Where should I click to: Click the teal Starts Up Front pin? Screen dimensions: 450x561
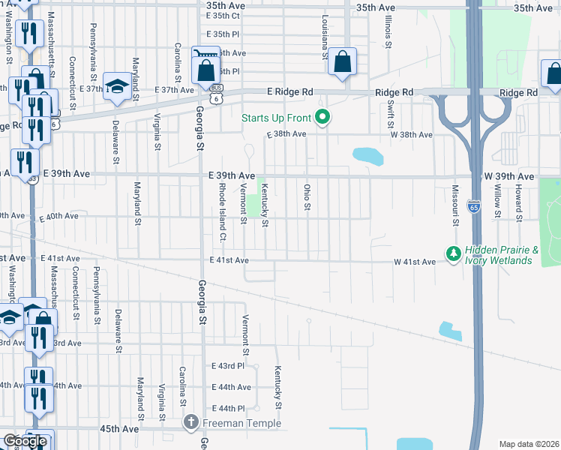322,117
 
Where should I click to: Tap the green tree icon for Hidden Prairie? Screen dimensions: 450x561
453,254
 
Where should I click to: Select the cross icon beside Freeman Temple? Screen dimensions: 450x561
190,423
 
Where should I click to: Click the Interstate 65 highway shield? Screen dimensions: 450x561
473,206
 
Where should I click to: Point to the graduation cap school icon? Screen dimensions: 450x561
118,84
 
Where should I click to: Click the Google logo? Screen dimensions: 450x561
25,441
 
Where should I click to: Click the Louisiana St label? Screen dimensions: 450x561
325,37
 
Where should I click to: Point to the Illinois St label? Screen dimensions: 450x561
388,33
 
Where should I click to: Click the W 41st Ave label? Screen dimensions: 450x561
415,262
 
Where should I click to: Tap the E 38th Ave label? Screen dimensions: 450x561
286,134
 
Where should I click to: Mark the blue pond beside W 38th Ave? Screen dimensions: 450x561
368,156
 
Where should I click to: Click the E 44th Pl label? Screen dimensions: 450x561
228,408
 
